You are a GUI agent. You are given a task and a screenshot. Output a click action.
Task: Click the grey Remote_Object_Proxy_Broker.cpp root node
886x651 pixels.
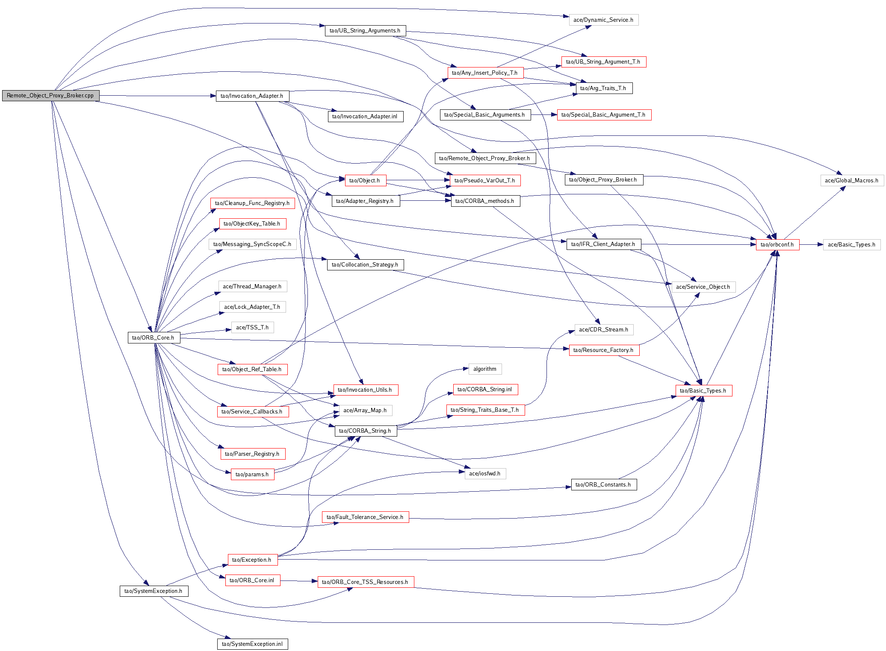50,96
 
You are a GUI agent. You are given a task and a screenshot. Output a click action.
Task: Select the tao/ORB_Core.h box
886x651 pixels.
154,338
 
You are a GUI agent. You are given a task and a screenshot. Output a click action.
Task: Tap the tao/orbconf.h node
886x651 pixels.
777,245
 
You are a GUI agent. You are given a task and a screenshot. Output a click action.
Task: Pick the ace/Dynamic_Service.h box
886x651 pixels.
603,20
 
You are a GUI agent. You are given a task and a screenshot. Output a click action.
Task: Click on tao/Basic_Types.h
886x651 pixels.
703,391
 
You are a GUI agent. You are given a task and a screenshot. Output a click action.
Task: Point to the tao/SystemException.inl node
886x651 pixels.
252,644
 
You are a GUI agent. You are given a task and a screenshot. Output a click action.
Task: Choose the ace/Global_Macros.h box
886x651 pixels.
852,181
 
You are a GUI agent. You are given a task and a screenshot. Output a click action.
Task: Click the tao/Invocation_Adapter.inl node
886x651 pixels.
365,117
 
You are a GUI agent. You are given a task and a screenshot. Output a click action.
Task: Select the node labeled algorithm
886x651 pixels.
485,369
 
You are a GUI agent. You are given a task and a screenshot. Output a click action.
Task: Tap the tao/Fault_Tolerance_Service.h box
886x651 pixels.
365,517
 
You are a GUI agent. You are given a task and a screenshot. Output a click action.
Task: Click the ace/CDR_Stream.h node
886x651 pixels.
603,330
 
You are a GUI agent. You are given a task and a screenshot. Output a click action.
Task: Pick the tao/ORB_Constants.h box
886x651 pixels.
603,485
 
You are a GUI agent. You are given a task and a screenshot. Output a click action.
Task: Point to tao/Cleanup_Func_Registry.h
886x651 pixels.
252,203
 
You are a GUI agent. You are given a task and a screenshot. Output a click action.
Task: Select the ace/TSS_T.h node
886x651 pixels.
252,328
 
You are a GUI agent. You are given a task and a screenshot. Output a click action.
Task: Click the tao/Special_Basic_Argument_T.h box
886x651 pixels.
603,115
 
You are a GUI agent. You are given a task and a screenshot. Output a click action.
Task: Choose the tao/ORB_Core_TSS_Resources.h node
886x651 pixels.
365,582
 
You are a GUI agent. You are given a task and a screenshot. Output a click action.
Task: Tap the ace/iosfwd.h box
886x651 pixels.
485,474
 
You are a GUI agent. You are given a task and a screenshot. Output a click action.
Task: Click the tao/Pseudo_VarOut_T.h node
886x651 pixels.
485,181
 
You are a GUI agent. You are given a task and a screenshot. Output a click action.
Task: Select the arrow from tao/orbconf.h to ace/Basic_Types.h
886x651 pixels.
811,245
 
